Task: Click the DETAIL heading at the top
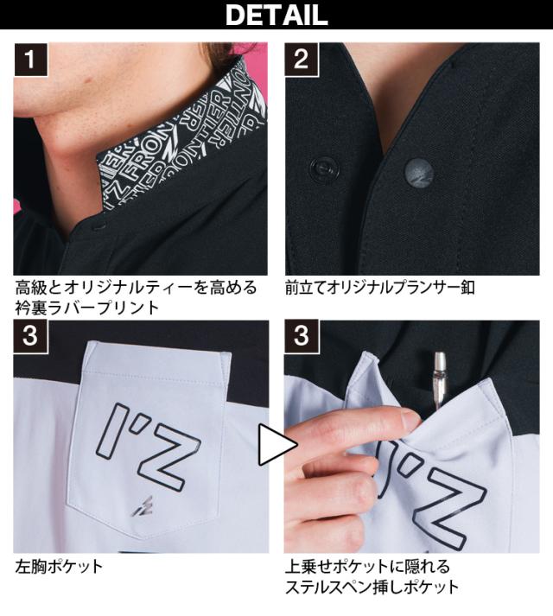click(276, 15)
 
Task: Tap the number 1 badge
click(30, 60)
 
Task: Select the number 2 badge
click(301, 60)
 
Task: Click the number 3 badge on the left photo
click(30, 336)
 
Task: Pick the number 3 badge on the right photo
click(301, 336)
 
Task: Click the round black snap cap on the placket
click(419, 172)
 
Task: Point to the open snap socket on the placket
click(323, 169)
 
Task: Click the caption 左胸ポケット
click(59, 566)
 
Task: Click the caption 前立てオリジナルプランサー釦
click(380, 287)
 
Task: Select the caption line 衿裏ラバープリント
click(87, 308)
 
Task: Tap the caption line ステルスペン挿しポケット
click(372, 587)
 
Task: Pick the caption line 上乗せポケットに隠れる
click(368, 567)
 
